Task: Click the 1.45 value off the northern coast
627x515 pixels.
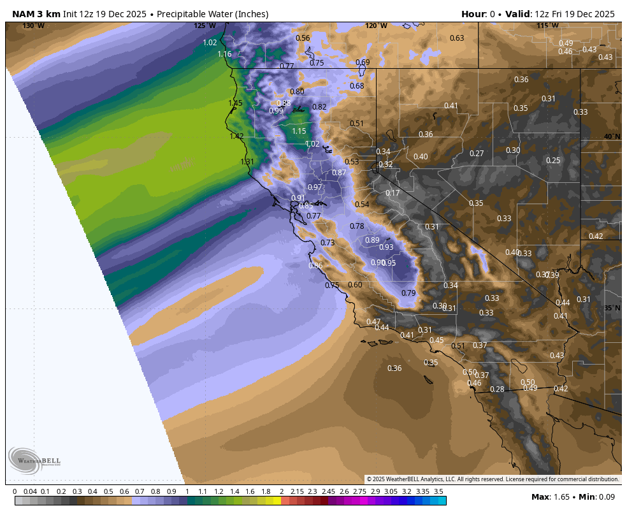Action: [236, 103]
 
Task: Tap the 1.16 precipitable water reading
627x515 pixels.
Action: [224, 54]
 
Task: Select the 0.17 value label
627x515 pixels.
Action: [393, 193]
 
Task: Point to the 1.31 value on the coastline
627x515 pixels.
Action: [247, 162]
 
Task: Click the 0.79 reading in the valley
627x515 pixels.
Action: [408, 293]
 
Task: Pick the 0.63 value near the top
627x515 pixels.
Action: [457, 38]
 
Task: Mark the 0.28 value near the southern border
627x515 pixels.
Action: [497, 389]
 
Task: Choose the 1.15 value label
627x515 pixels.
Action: [299, 131]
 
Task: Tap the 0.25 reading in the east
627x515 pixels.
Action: [553, 161]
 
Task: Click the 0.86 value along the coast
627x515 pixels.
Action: [315, 266]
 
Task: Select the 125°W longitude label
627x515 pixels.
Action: [205, 25]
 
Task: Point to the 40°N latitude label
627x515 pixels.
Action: [612, 137]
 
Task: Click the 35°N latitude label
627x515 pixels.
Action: [612, 308]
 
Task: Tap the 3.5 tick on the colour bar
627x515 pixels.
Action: [438, 492]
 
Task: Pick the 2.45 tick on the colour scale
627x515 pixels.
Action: [328, 492]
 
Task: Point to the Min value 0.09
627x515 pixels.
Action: [605, 497]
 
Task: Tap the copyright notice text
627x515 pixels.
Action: [493, 479]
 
